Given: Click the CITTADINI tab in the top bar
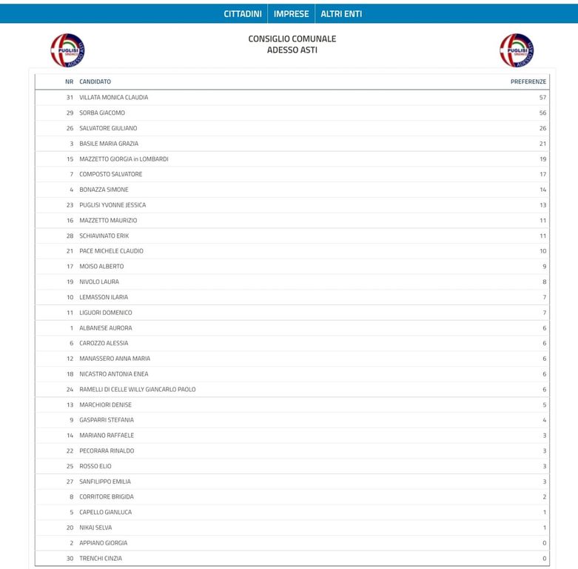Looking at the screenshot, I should (x=242, y=13).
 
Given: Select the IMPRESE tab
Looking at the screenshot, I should (x=291, y=13).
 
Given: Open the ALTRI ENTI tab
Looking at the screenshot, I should (x=341, y=13).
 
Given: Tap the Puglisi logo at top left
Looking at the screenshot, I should (x=67, y=50).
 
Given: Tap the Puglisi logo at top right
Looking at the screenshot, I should (x=517, y=50).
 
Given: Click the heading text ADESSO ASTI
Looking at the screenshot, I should (x=292, y=50).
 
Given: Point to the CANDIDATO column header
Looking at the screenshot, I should (x=95, y=81).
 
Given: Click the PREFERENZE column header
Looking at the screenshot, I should (x=528, y=81).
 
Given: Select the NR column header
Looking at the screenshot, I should (x=70, y=81).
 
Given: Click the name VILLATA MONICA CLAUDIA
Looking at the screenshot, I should (x=114, y=97).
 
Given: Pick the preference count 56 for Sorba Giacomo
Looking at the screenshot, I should (x=542, y=113).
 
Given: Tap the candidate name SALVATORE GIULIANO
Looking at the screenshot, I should (x=108, y=128).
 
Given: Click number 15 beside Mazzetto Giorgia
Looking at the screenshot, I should (x=70, y=159).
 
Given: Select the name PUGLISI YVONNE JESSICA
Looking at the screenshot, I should (x=112, y=204).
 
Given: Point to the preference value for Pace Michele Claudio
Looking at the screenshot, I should (x=542, y=251).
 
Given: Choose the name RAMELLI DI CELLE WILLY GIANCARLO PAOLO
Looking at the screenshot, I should (x=138, y=389).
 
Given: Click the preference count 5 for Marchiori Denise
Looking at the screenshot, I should (x=544, y=405).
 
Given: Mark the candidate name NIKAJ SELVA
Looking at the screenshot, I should (x=95, y=528).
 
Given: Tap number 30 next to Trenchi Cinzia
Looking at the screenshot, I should (x=70, y=558).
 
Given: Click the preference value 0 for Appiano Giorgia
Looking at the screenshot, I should (x=544, y=543).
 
